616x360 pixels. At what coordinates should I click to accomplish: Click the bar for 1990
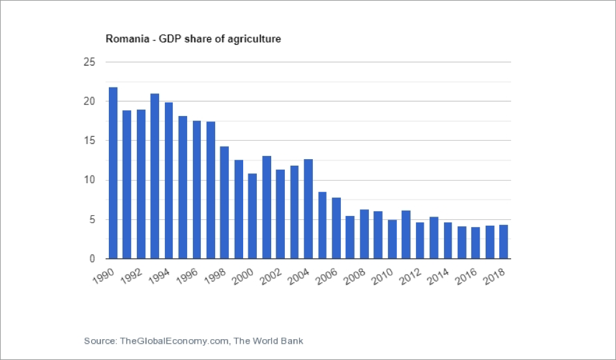click(113, 173)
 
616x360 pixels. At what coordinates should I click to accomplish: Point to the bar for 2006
click(336, 228)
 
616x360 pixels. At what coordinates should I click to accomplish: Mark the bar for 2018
click(504, 242)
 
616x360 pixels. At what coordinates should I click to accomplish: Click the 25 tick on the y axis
click(89, 62)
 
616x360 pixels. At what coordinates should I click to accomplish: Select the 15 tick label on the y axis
click(89, 141)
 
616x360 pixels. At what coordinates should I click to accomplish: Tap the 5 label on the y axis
click(92, 220)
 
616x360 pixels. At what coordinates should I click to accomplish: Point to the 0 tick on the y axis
click(92, 259)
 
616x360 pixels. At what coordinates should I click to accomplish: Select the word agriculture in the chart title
click(257, 39)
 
